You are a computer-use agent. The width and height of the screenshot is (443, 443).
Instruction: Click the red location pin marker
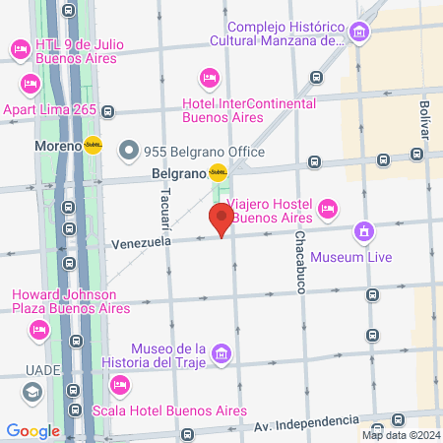(221, 219)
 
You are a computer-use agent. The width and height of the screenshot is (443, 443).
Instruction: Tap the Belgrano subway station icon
(218, 173)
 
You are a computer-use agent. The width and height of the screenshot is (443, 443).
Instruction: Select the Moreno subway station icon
(94, 145)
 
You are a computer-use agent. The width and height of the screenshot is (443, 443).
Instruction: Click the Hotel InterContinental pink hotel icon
(208, 77)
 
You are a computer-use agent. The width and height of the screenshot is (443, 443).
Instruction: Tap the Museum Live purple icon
(365, 232)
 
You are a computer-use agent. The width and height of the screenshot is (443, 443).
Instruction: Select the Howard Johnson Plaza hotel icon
(38, 329)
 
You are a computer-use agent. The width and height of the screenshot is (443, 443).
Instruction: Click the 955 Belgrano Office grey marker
(129, 152)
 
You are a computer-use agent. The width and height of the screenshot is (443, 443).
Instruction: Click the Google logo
(32, 430)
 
